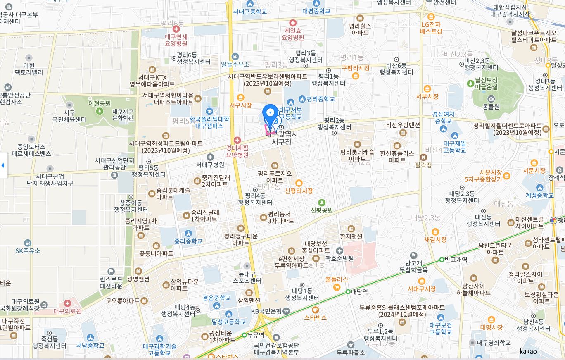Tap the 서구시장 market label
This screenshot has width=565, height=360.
(x=240, y=105)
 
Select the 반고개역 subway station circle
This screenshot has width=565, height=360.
(x=442, y=260)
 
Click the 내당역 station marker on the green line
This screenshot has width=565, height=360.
(x=348, y=291)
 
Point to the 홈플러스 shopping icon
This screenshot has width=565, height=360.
(x=337, y=287)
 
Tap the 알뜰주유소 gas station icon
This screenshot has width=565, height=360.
(x=235, y=57)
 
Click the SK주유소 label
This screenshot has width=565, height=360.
(x=28, y=250)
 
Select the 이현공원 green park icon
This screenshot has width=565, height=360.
(x=99, y=111)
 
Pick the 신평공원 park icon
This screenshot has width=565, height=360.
(x=322, y=203)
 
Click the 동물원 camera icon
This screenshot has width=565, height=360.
(x=491, y=99)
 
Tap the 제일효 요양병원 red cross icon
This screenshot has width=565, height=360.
(x=293, y=23)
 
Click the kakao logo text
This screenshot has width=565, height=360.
(x=528, y=351)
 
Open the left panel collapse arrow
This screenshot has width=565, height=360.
(x=3, y=165)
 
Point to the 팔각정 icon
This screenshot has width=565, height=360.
(x=423, y=157)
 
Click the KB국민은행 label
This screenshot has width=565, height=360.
(x=267, y=311)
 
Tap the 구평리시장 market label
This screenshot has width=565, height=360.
(x=355, y=68)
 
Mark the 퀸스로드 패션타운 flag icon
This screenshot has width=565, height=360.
(x=111, y=272)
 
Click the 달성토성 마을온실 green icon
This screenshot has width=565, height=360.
(x=470, y=83)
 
